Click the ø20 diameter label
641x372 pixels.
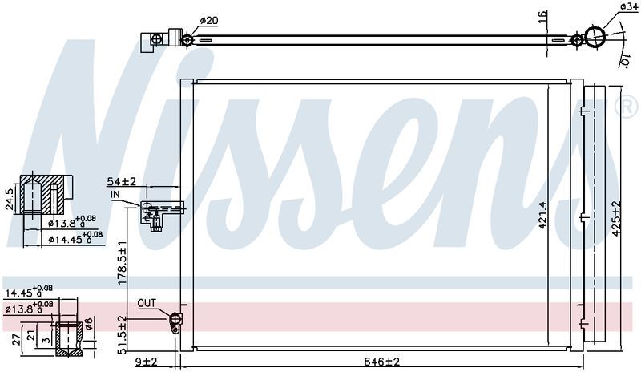pos(208,20)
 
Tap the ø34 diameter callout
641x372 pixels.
pos(628,7)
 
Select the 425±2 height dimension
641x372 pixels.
pos(616,216)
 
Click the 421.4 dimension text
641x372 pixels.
pos(542,214)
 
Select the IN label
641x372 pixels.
pos(116,194)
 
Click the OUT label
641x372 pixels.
pos(147,304)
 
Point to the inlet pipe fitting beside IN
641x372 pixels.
pos(154,213)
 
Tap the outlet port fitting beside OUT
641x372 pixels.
pos(175,321)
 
